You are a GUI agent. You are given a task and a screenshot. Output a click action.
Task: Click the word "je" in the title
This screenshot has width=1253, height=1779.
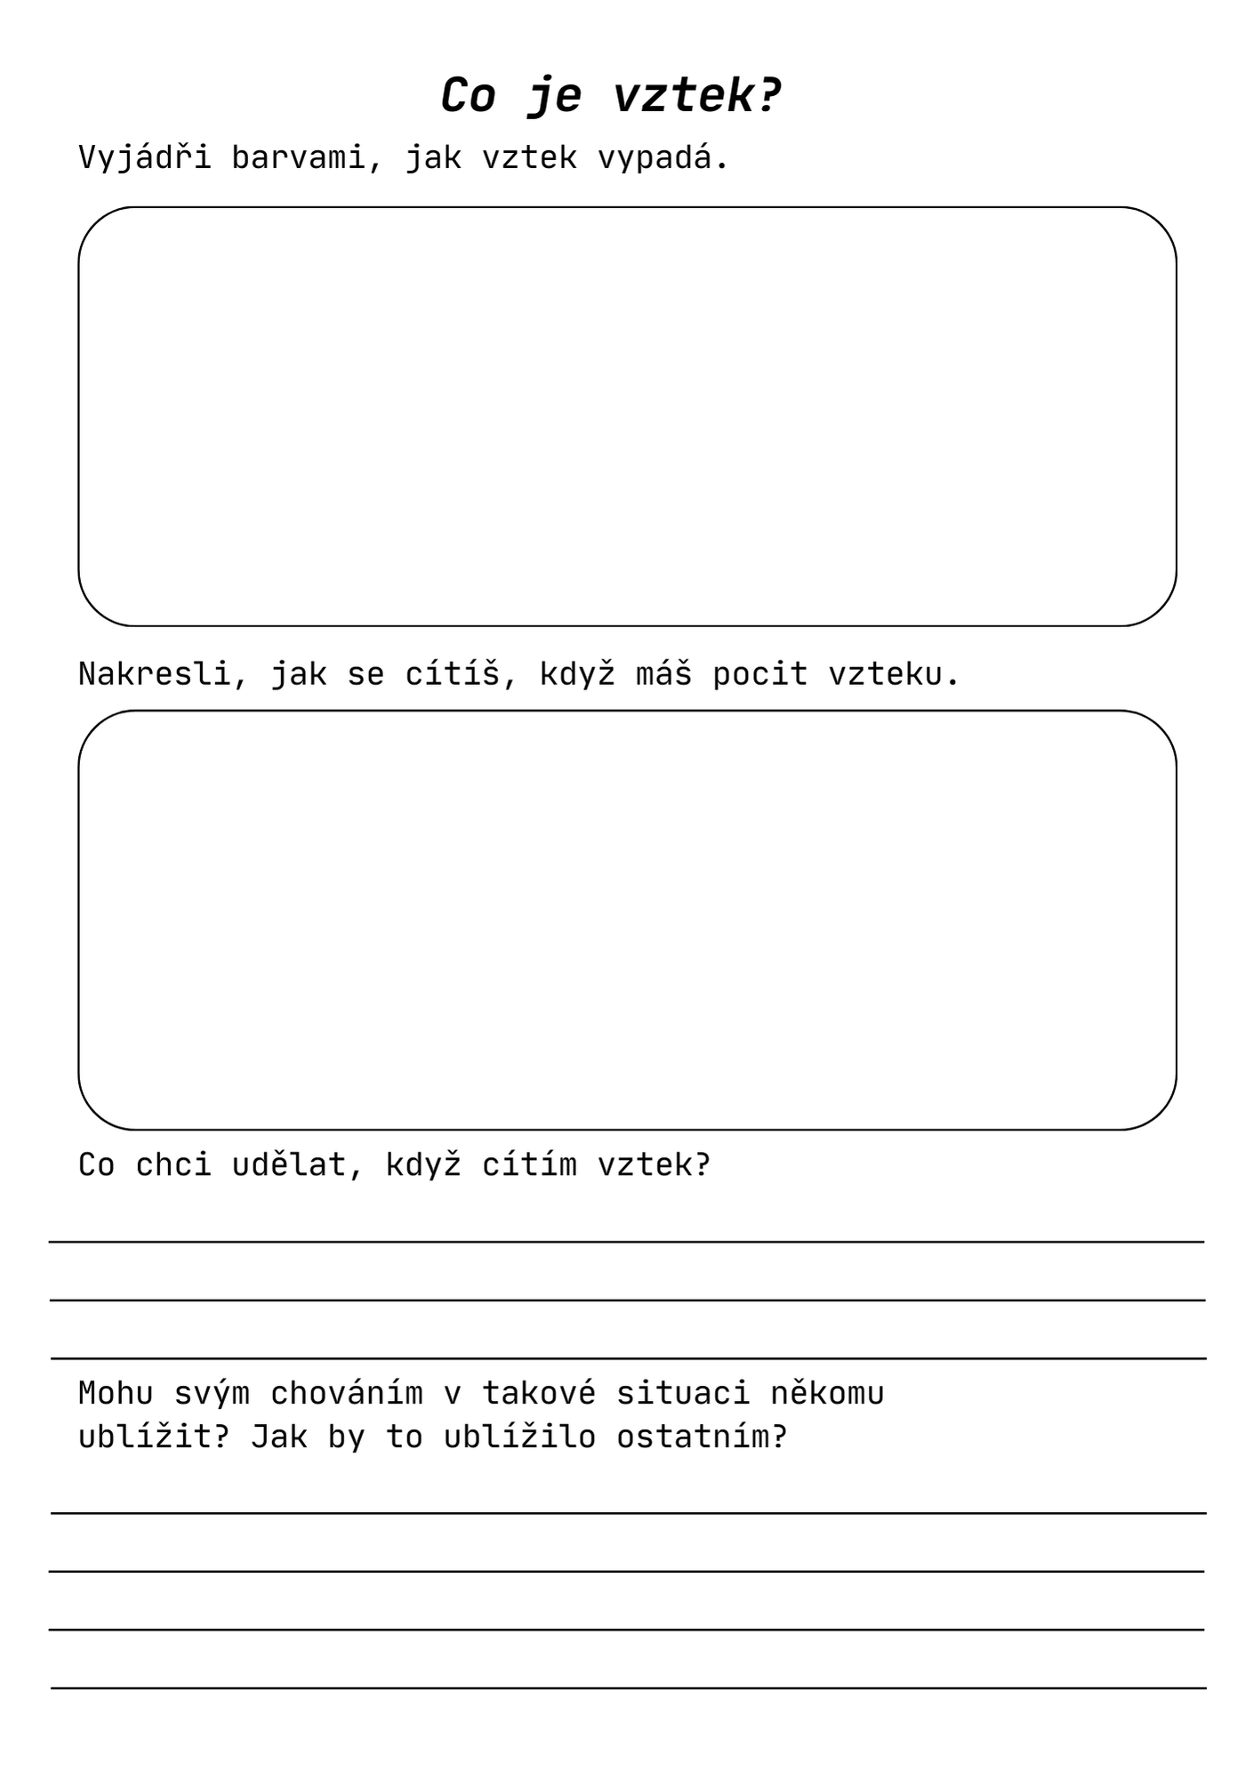pyautogui.click(x=555, y=96)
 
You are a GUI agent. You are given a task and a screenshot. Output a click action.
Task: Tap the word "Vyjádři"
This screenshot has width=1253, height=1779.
pyautogui.click(x=145, y=158)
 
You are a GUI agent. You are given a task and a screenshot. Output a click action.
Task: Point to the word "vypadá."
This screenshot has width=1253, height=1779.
pyautogui.click(x=663, y=158)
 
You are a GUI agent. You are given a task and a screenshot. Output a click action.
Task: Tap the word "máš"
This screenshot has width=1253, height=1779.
pyautogui.click(x=663, y=674)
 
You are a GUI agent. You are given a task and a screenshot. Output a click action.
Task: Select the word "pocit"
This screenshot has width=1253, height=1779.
pyautogui.click(x=759, y=674)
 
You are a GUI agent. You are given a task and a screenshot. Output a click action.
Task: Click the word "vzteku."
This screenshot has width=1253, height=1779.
pyautogui.click(x=894, y=674)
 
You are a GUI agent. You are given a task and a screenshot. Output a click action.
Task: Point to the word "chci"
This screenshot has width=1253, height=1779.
pyautogui.click(x=173, y=1165)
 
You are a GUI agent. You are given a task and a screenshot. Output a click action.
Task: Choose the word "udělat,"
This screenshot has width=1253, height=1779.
pyautogui.click(x=298, y=1165)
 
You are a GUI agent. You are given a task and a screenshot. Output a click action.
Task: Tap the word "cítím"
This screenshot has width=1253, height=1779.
pyautogui.click(x=529, y=1165)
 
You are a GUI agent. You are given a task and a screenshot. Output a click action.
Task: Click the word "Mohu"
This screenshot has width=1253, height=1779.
pyautogui.click(x=116, y=1393)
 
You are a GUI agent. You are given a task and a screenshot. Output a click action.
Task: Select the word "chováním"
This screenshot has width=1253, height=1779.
pyautogui.click(x=347, y=1393)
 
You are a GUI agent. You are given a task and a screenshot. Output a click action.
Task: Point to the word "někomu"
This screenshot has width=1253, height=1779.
pyautogui.click(x=827, y=1393)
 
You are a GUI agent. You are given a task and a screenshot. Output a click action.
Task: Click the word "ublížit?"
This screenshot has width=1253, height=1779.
pyautogui.click(x=154, y=1437)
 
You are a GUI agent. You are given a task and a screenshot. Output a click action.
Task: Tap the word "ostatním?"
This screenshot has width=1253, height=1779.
pyautogui.click(x=702, y=1437)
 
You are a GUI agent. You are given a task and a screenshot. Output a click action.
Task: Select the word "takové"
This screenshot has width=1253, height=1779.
pyautogui.click(x=539, y=1393)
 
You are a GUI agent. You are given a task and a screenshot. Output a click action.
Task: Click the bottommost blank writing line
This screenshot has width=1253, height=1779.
pyautogui.click(x=628, y=1686)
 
